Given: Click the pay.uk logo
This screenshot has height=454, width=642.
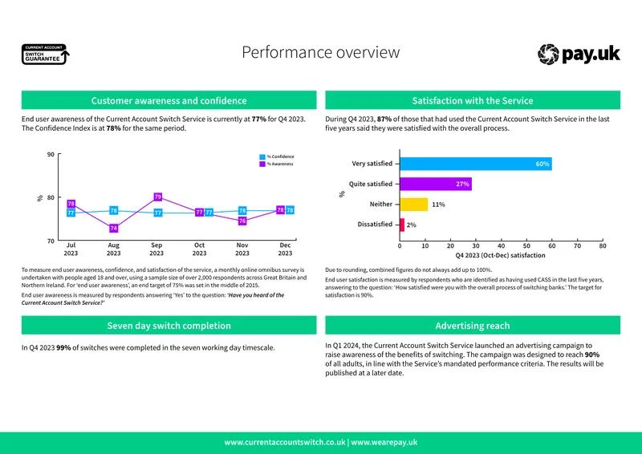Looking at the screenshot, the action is [x=579, y=54].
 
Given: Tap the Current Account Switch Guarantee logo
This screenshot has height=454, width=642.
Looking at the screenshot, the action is [x=46, y=55].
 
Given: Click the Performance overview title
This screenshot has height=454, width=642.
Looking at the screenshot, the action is [x=320, y=52].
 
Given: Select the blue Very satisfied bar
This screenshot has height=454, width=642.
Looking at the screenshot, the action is [x=476, y=164].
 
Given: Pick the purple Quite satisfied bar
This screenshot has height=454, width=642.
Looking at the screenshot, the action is [x=436, y=184].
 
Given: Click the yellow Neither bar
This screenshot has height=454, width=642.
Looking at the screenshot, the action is [x=414, y=205].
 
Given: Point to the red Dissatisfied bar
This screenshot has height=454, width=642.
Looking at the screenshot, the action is [x=402, y=225].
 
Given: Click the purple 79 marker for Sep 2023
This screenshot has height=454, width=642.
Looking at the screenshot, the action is [x=158, y=197].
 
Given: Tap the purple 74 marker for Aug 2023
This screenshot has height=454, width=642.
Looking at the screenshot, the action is [x=114, y=228].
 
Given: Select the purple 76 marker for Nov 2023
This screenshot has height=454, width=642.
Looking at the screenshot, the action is [x=242, y=221].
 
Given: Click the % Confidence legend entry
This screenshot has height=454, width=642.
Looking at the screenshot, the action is [x=277, y=156].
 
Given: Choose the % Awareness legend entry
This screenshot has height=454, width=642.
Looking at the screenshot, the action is [x=276, y=164].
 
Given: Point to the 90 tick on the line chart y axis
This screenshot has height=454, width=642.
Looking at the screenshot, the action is [x=51, y=154].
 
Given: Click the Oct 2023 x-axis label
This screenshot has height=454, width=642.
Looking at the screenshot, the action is [x=199, y=249].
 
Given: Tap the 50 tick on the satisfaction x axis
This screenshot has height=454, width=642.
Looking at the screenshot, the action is [x=526, y=245].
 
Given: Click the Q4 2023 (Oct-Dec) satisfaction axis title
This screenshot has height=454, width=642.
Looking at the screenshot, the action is [x=500, y=255].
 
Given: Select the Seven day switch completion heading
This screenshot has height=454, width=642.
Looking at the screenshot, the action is [x=169, y=326].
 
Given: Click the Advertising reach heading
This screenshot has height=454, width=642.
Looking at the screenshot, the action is [x=473, y=326].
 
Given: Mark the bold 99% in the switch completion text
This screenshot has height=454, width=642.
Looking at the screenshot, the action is [x=63, y=347].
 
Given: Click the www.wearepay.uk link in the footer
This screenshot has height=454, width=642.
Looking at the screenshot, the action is [x=384, y=442].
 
